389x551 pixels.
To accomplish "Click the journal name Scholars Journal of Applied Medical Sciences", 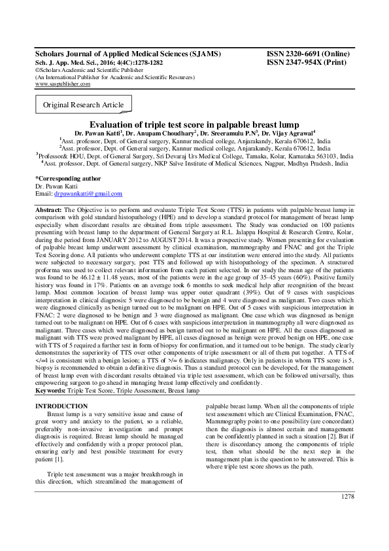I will click(x=127, y=54).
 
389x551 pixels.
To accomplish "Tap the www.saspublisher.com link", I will click(x=62, y=84).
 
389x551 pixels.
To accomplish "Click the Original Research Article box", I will click(x=83, y=105).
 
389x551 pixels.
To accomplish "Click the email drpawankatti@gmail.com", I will click(x=88, y=194).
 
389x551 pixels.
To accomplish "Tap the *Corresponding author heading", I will click(x=68, y=178).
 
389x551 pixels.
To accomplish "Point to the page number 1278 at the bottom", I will click(x=348, y=515).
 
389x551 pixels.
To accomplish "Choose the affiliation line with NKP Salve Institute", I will click(x=194, y=164).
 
